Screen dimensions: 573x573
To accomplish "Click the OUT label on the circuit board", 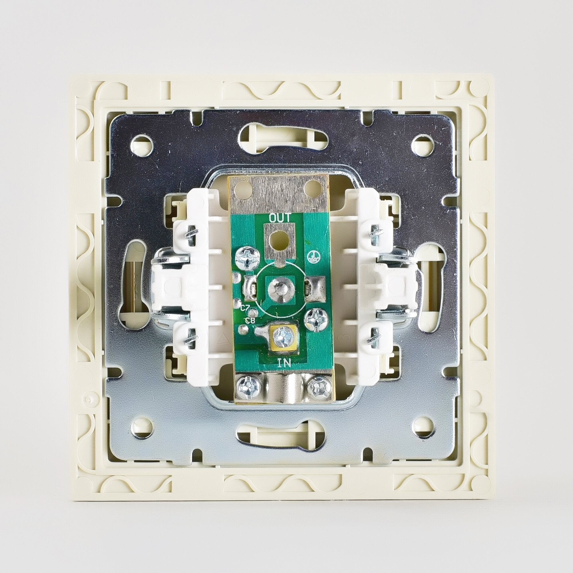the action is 280,218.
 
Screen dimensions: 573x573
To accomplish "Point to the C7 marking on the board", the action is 245,308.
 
